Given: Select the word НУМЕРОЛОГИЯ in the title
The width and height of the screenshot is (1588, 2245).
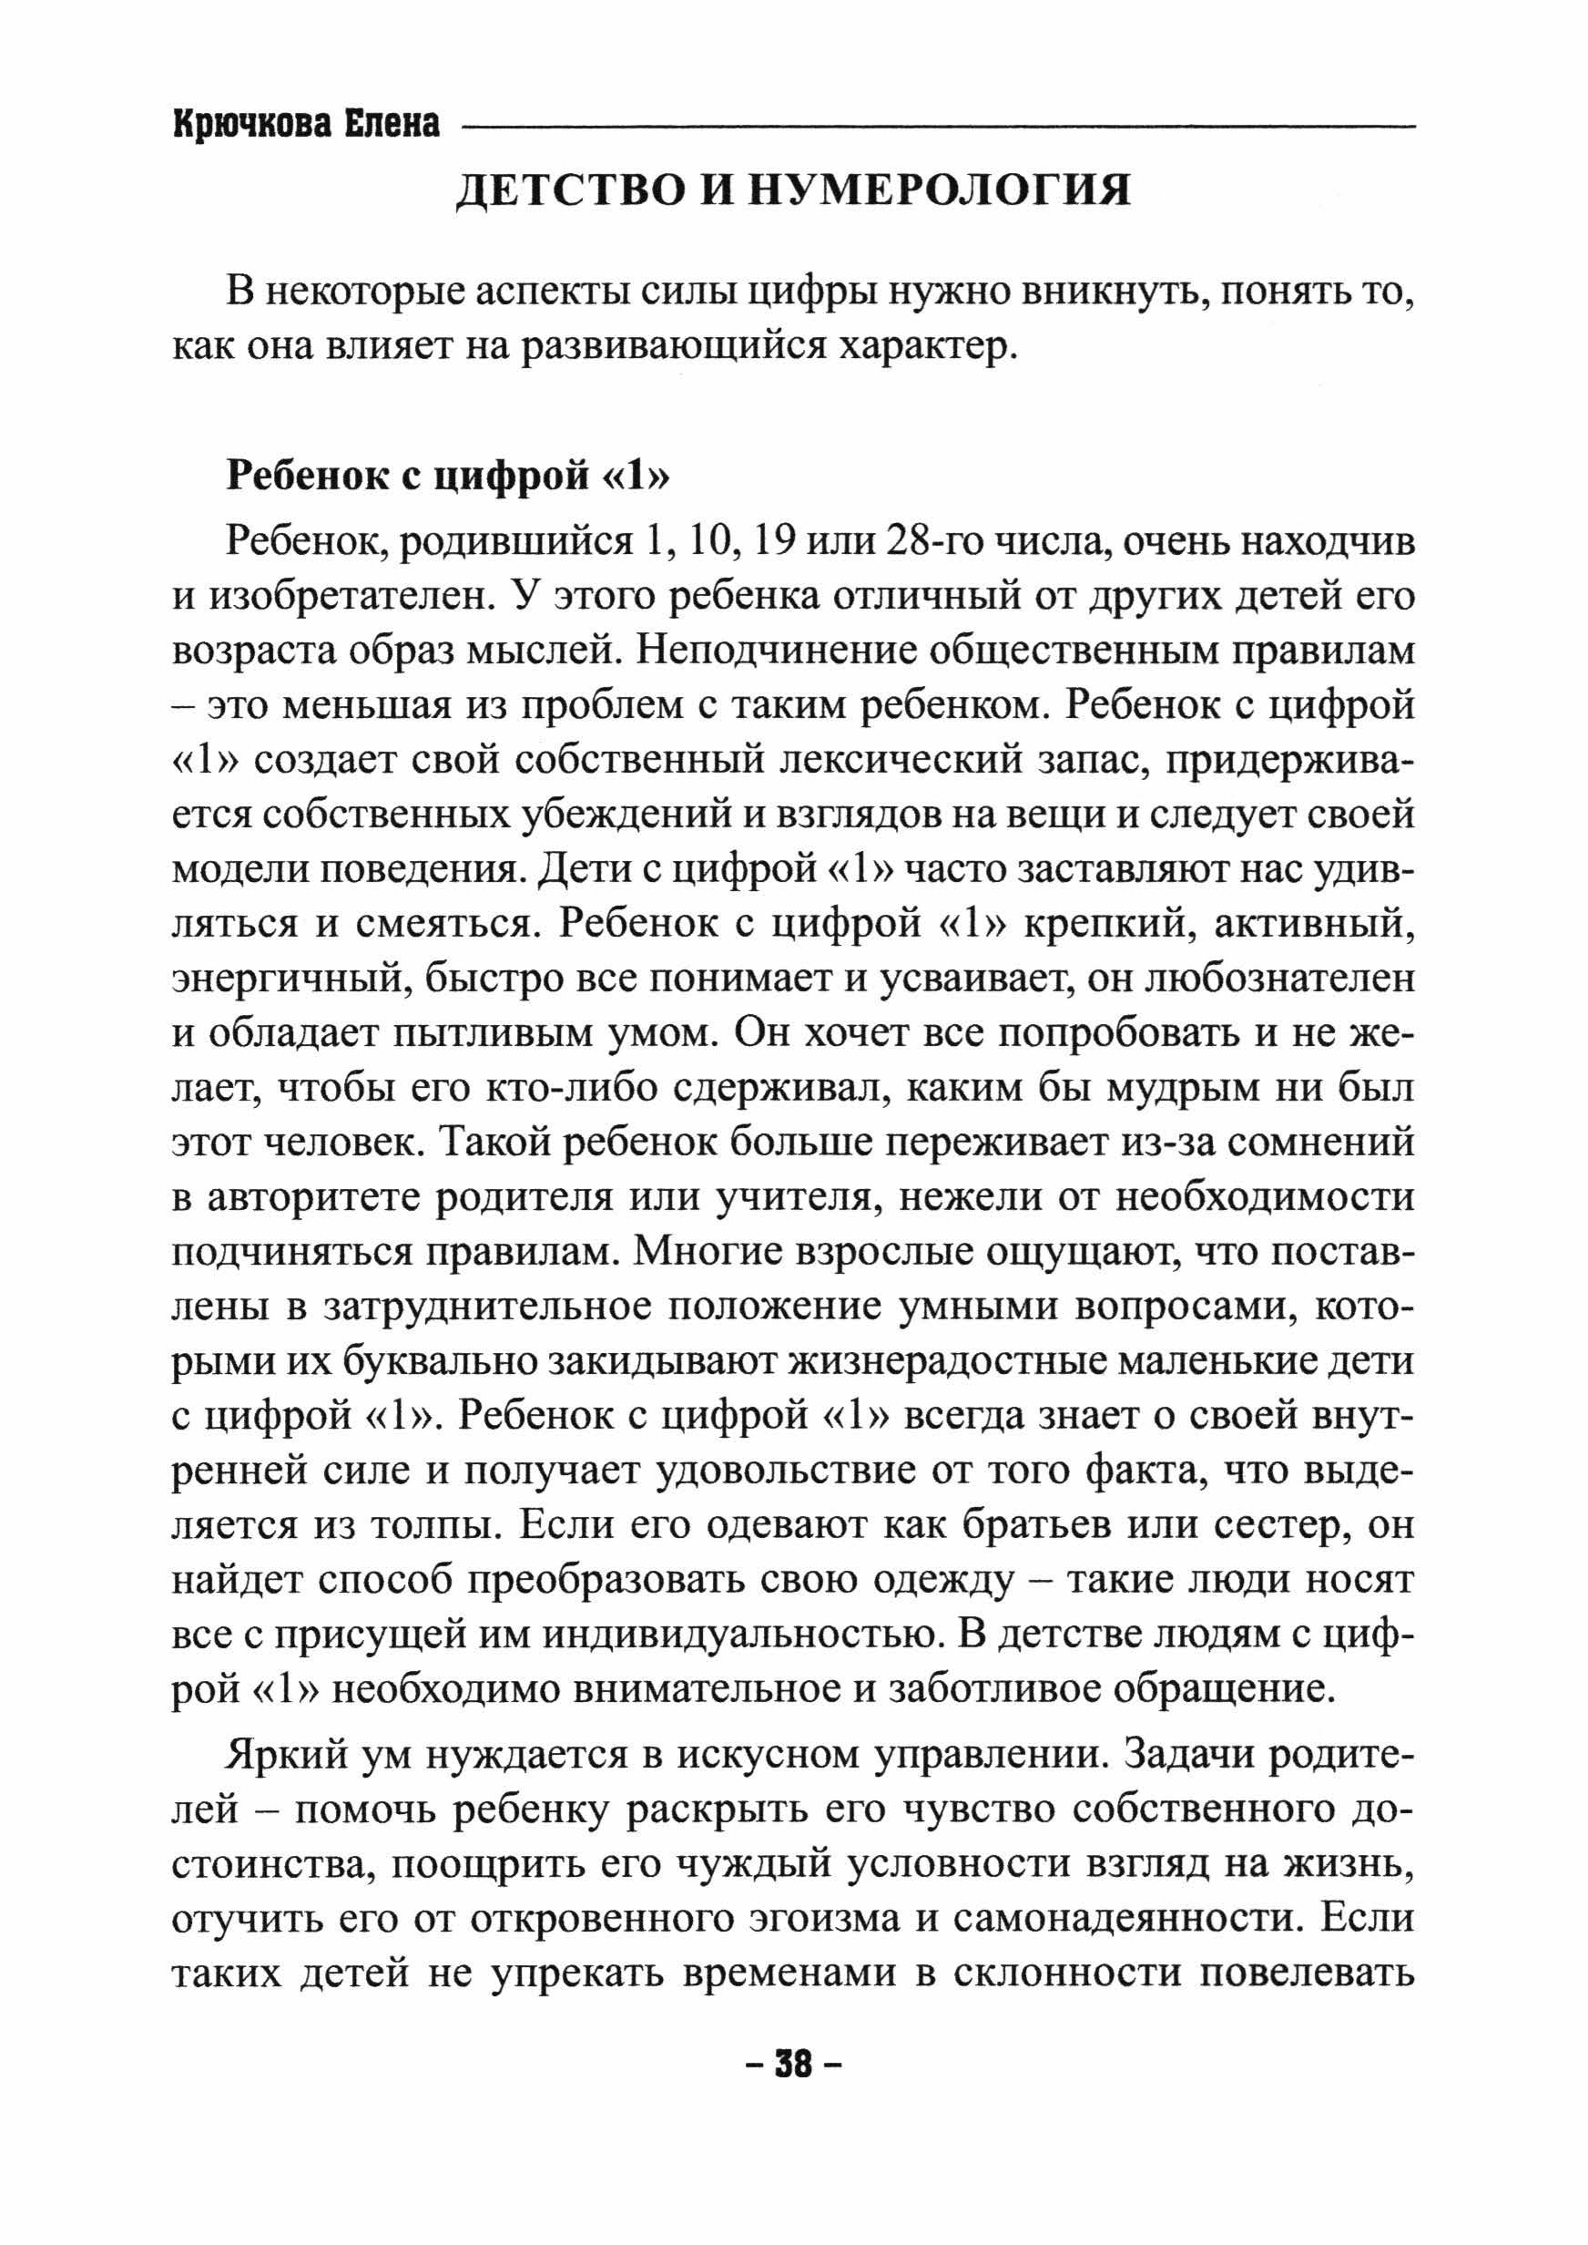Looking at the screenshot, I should [x=939, y=190].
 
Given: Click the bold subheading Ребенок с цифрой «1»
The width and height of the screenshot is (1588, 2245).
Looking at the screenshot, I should [x=448, y=476].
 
